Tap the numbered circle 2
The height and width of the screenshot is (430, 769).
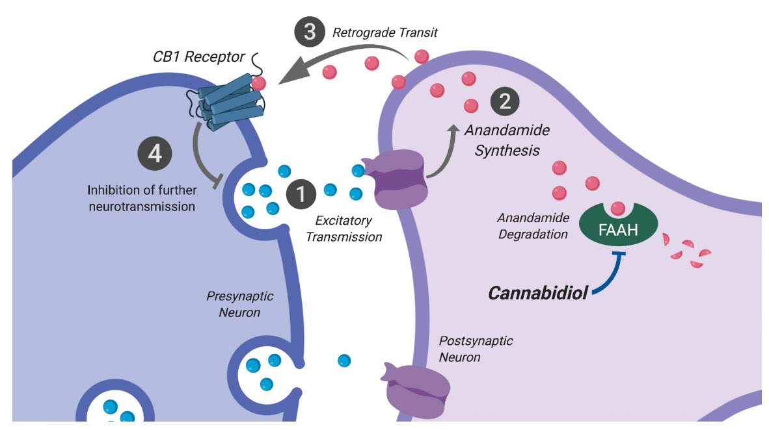(504, 102)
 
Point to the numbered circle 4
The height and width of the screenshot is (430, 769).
(155, 154)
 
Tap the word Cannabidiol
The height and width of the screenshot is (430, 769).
(538, 293)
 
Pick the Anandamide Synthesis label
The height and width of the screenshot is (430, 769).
(507, 140)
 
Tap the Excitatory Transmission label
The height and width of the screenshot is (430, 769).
(344, 229)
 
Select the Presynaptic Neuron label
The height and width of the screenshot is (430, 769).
(240, 304)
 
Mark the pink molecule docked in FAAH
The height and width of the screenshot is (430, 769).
(617, 209)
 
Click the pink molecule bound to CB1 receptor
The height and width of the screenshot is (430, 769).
(260, 83)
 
